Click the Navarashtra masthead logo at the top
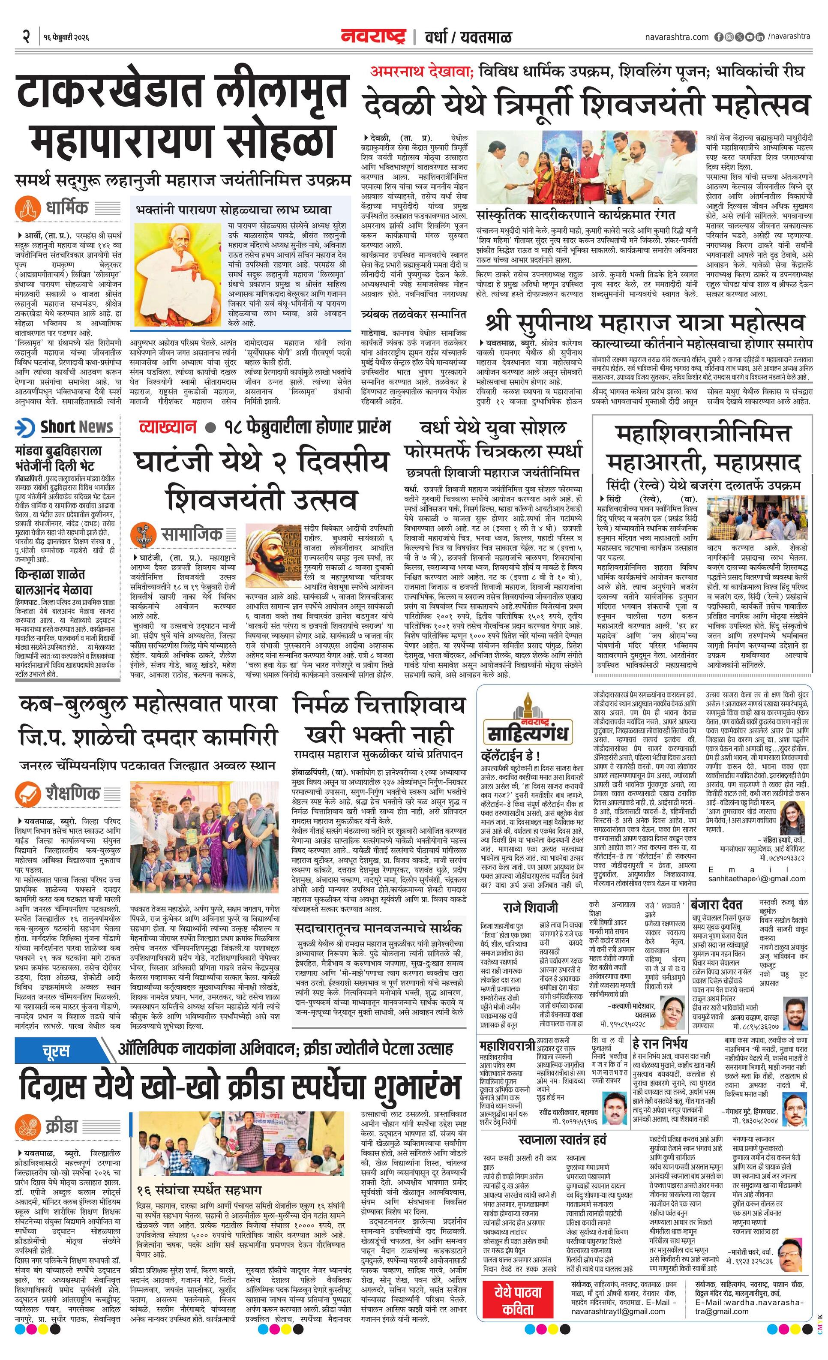point(374,37)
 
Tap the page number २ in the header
point(25,37)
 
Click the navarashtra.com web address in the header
point(677,37)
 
